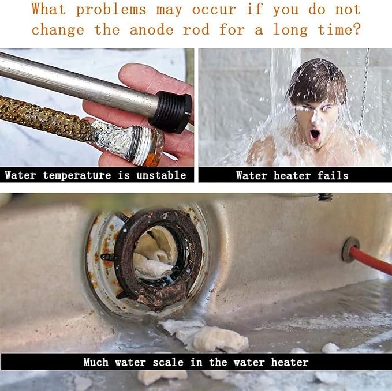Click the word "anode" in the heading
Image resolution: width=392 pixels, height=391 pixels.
pyautogui.click(x=151, y=30)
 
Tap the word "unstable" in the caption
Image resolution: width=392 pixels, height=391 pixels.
pyautogui.click(x=161, y=175)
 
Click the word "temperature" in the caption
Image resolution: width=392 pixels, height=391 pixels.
pyautogui.click(x=77, y=175)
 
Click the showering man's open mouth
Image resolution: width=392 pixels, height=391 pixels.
pyautogui.click(x=315, y=135)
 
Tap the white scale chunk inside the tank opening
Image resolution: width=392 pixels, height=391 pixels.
pyautogui.click(x=152, y=265)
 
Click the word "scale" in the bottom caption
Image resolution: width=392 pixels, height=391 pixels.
pyautogui.click(x=168, y=362)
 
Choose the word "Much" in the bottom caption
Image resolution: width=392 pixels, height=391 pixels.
pyautogui.click(x=96, y=362)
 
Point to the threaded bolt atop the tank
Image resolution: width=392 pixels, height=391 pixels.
pyautogui.click(x=325, y=197)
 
